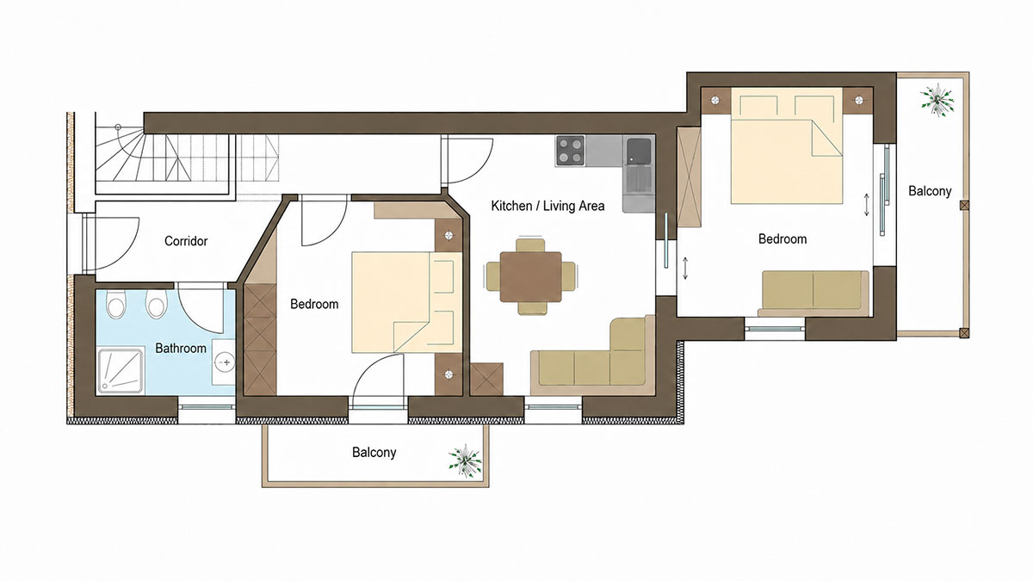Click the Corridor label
(x=186, y=241)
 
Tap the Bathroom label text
(x=181, y=348)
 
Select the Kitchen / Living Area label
(x=547, y=206)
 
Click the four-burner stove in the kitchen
(x=571, y=151)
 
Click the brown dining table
(x=531, y=276)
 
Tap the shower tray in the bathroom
(x=121, y=372)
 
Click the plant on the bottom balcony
(x=466, y=460)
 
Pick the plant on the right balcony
(x=937, y=100)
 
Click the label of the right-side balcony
(x=930, y=191)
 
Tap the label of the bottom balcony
(x=374, y=452)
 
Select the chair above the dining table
(x=530, y=244)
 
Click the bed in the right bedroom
(x=787, y=145)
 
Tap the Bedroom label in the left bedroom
(x=314, y=304)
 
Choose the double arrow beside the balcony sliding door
(x=867, y=205)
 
